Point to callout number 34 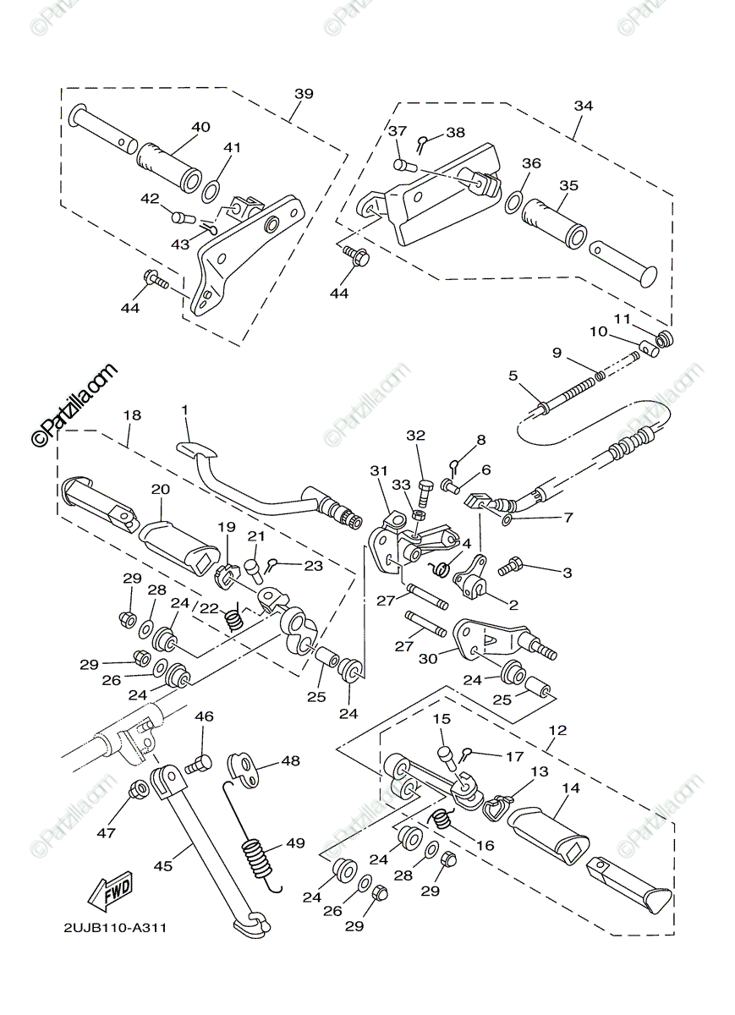(583, 106)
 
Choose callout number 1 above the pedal (184, 410)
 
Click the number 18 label (132, 415)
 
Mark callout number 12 (557, 729)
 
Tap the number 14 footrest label (570, 787)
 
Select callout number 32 (415, 436)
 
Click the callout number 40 (200, 128)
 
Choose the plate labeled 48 (247, 765)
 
